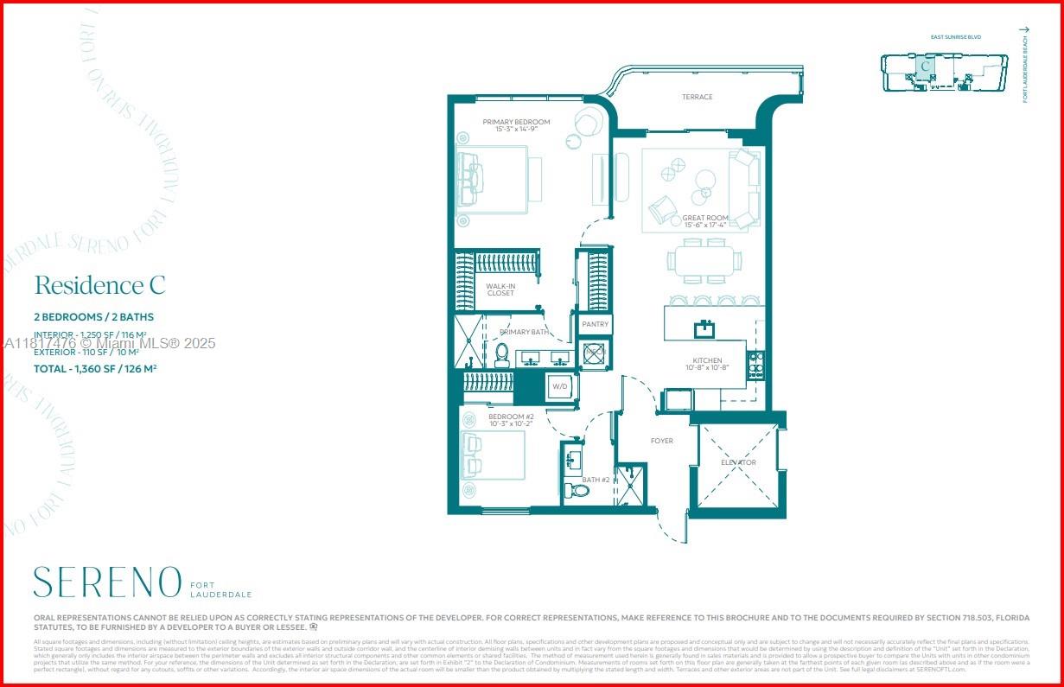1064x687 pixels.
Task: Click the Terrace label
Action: point(697,97)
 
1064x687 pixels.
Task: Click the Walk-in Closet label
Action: point(500,289)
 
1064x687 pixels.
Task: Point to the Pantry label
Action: point(595,324)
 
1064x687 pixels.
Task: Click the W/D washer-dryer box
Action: point(559,386)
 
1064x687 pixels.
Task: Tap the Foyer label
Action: point(662,441)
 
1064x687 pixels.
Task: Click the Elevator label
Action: point(739,462)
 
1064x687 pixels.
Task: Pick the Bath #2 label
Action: point(596,480)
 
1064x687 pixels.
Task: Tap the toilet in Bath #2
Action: point(577,491)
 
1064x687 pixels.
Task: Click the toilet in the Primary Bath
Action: point(501,355)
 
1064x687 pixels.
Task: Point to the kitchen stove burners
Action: point(756,366)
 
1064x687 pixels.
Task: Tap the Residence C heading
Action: point(99,285)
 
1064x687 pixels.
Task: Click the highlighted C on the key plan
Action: point(926,66)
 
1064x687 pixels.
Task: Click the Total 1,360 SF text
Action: point(95,369)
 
